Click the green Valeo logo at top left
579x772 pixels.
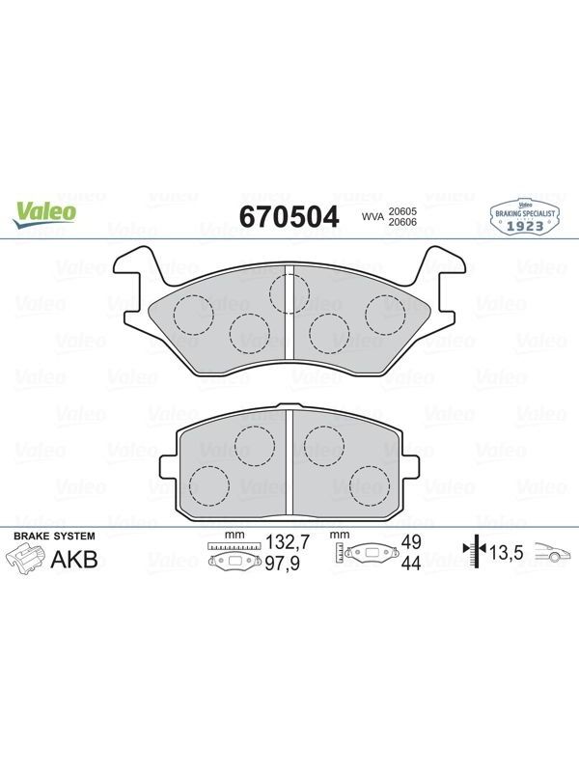[44, 215]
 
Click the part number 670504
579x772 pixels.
[289, 217]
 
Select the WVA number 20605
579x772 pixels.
[402, 211]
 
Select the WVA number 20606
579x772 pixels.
[402, 222]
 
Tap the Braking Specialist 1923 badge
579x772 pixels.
[525, 216]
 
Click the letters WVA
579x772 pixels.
[372, 216]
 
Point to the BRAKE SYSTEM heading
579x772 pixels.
[54, 537]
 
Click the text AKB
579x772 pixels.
[74, 560]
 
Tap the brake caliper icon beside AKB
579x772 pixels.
[25, 561]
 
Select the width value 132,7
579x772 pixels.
[288, 542]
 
